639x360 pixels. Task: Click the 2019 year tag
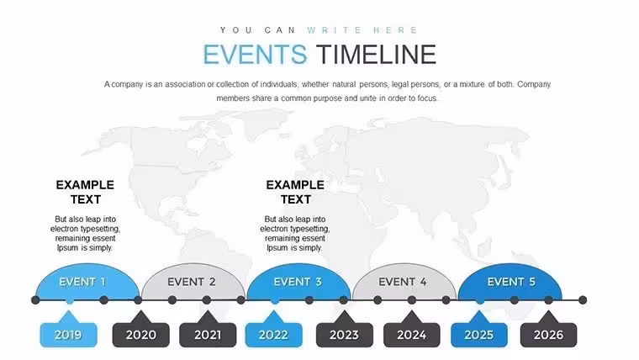pos(68,335)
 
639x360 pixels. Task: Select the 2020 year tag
pos(141,335)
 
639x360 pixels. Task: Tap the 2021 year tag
pos(208,335)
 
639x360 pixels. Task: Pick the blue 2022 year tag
pos(273,335)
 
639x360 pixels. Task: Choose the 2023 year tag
pos(345,335)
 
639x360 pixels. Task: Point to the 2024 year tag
pos(412,335)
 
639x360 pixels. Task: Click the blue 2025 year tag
pos(479,335)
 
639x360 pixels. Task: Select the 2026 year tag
pos(548,335)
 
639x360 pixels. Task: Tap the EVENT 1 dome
pos(87,282)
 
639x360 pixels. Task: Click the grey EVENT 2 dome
pos(193,282)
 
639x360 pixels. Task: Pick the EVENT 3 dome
pos(298,282)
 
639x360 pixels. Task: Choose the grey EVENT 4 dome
pos(404,282)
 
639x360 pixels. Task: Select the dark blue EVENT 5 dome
pos(510,282)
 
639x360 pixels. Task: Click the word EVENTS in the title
pos(255,55)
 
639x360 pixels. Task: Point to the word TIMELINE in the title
pos(376,55)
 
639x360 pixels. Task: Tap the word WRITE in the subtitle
pos(334,30)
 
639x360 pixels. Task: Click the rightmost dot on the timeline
pos(583,300)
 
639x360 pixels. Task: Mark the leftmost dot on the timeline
pos(35,300)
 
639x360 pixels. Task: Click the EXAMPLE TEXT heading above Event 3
pos(295,192)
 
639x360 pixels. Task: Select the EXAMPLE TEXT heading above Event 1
pos(85,192)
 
